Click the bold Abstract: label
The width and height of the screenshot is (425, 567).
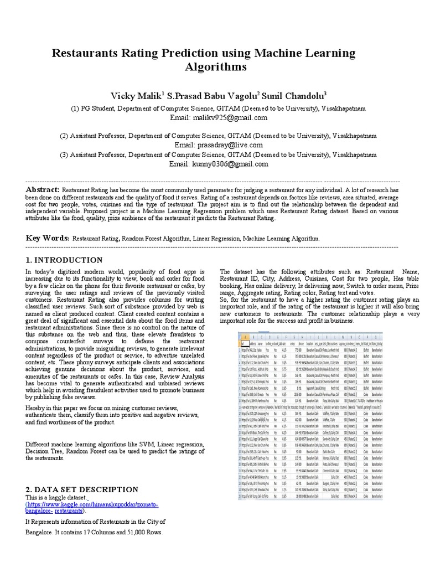tap(43, 190)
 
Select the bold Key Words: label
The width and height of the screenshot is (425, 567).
tap(47, 238)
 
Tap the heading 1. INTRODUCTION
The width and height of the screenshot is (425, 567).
tap(64, 260)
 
